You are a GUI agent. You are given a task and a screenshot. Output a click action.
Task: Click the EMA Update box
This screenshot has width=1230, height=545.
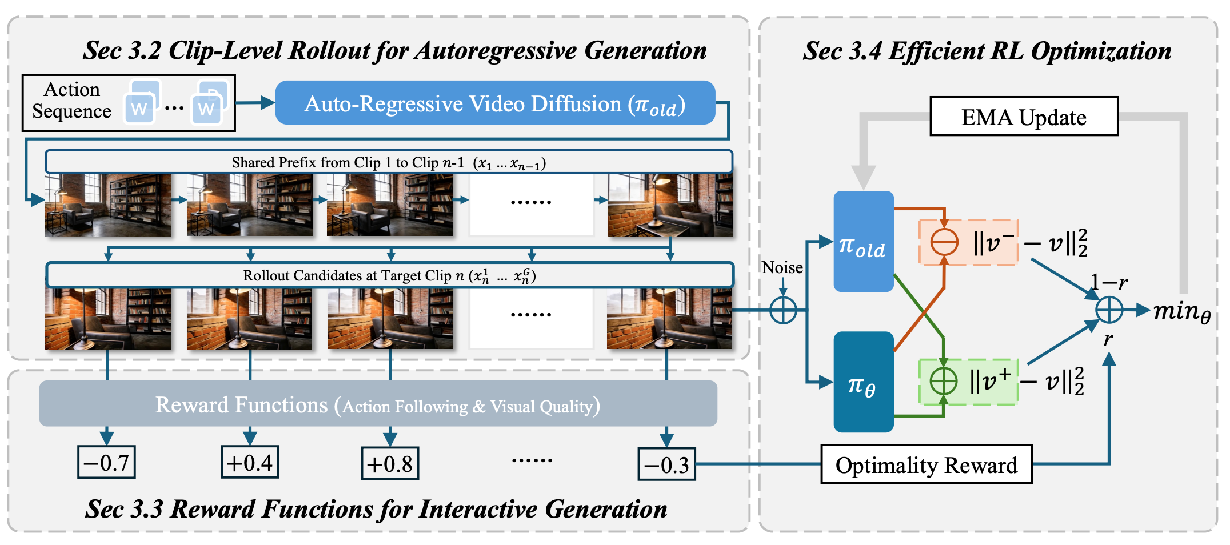point(1024,117)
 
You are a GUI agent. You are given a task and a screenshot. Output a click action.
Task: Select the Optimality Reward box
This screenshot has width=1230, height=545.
point(926,464)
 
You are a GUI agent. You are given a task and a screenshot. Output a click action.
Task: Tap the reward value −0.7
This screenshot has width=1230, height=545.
point(106,462)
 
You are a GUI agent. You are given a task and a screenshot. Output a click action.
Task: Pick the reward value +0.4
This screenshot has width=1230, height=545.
point(250,462)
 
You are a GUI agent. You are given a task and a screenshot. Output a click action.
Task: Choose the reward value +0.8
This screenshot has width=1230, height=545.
point(390,463)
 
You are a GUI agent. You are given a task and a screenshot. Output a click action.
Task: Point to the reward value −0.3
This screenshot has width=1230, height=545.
point(666,464)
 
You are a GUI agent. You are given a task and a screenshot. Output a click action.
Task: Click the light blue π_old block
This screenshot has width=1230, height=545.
point(863,241)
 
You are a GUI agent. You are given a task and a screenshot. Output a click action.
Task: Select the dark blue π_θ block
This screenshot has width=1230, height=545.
point(863,382)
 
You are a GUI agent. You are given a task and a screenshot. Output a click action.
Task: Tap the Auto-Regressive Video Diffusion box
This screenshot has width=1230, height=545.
point(495,103)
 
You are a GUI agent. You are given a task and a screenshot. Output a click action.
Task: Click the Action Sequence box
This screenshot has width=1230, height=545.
point(129,103)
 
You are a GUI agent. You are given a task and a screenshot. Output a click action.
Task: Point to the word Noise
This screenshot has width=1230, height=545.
point(782,267)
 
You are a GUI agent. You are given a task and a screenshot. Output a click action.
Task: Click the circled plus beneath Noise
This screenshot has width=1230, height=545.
point(783,310)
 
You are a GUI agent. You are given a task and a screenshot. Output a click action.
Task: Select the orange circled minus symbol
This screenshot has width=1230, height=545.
point(944,242)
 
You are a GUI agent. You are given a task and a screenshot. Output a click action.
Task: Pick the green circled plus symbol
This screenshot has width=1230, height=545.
point(943,381)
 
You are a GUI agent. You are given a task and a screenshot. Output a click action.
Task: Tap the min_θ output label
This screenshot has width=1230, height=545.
point(1181,311)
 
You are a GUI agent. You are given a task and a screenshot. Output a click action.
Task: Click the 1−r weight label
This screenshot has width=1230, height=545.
point(1108,282)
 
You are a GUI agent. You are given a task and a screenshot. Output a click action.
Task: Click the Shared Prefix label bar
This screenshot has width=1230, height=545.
point(389,162)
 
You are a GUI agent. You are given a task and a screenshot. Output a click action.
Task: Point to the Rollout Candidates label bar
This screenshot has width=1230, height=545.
point(389,275)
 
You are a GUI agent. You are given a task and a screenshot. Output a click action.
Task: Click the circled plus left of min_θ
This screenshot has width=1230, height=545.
point(1109,310)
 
